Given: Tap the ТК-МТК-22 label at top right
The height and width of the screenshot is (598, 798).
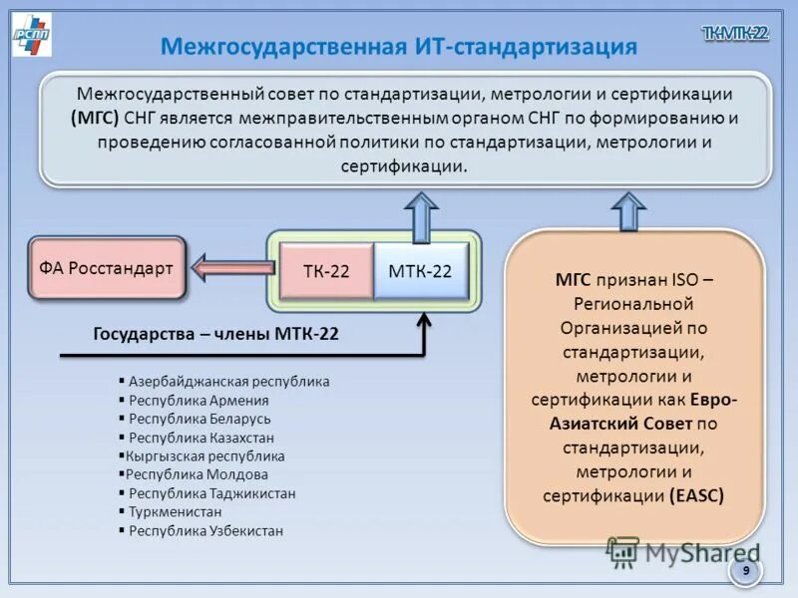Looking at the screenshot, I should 735,33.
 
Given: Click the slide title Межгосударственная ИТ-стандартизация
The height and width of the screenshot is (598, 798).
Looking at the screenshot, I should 399,47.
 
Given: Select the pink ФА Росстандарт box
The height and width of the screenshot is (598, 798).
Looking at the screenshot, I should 107,268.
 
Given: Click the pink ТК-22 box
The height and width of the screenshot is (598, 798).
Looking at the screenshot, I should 326,271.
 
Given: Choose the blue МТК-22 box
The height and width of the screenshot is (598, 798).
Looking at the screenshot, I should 420,271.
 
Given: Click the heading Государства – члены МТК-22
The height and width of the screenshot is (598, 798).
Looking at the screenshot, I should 215,335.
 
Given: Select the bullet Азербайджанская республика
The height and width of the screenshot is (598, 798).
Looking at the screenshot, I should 228,381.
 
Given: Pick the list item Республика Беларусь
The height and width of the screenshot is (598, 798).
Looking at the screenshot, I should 199,419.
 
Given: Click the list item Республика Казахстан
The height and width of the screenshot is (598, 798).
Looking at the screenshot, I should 200,438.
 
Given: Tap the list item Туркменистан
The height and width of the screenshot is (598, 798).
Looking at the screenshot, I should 175,512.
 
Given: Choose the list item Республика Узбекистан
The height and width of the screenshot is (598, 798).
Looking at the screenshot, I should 205,531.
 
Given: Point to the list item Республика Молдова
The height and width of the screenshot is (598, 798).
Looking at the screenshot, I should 197,474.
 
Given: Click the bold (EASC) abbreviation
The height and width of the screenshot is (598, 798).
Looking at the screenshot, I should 696,494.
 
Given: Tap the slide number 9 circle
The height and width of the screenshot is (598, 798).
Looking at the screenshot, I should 744,570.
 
